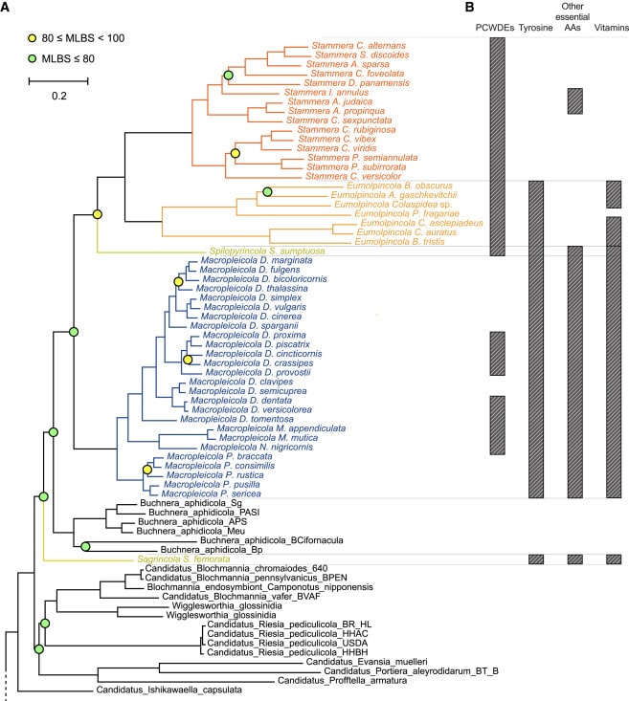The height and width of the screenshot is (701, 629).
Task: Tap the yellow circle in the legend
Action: point(32,37)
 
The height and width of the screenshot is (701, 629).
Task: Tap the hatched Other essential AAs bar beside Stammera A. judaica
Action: point(574,100)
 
